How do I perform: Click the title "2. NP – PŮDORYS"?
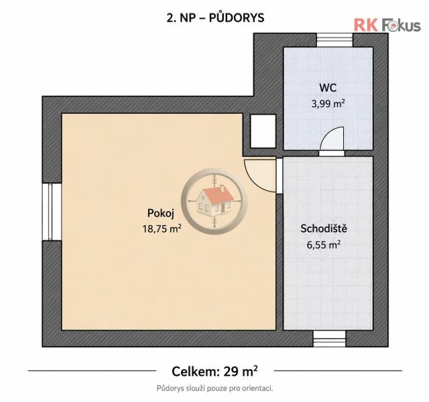(215, 18)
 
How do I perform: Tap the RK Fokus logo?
(387, 25)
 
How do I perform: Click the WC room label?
(328, 88)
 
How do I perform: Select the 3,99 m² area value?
(328, 104)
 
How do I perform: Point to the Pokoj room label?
(161, 213)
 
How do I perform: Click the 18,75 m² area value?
(162, 228)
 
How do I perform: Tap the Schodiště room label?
(324, 228)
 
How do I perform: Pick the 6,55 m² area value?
(323, 245)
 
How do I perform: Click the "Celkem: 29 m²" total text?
(214, 371)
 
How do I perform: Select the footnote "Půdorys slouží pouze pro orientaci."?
(214, 388)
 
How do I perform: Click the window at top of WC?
(335, 40)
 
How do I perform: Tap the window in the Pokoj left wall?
(52, 212)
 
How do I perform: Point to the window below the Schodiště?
(329, 338)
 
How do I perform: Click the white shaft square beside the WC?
(263, 131)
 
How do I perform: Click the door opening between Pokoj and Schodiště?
(280, 176)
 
